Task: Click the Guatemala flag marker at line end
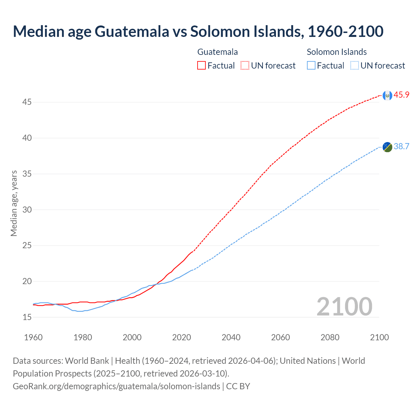pos(387,95)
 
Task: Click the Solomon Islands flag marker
pos(387,147)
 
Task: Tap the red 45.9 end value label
pos(401,95)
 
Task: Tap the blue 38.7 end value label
pos(401,146)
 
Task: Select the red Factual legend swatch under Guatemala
pos(201,66)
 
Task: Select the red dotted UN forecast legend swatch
pos(245,66)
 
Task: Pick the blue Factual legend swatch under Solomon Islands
pos(311,66)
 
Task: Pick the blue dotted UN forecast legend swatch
pos(355,66)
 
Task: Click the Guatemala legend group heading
pos(217,52)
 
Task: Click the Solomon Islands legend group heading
pos(337,52)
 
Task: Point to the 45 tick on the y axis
pos(27,102)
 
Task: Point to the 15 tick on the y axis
pos(27,317)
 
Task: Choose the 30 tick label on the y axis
pos(27,210)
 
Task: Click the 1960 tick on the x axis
pos(33,337)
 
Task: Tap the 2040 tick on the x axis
pos(231,337)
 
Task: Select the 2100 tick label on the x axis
pos(379,337)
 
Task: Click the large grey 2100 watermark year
pos(345,306)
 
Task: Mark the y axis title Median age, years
pos(14,203)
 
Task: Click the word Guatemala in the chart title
pos(132,31)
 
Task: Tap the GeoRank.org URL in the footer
pos(116,386)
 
